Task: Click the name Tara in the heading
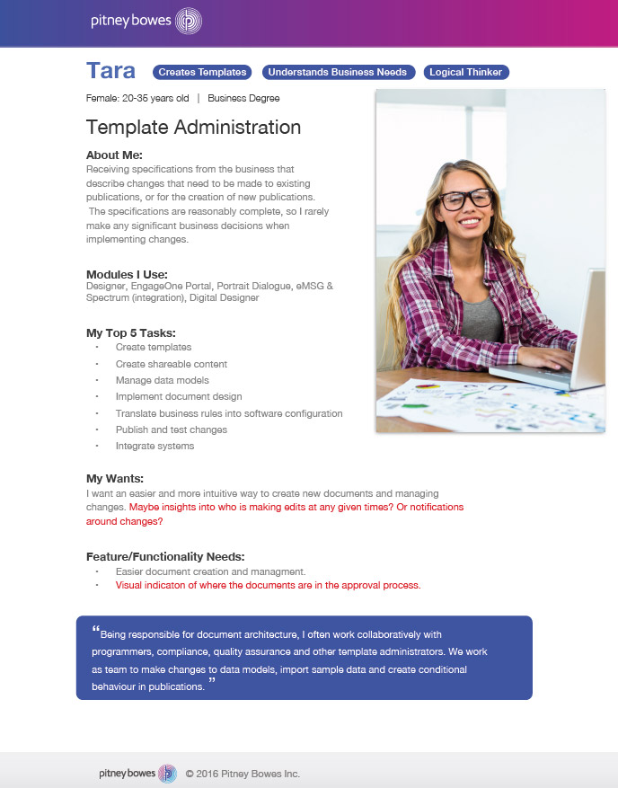coord(110,71)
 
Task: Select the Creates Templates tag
coord(202,72)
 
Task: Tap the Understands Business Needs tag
coord(338,72)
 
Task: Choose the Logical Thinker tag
coord(466,72)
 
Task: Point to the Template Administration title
coord(193,128)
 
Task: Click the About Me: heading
coord(114,155)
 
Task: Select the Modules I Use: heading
coord(127,274)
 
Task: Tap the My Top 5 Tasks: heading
coord(131,332)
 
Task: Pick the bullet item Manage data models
coord(163,380)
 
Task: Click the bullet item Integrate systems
coord(154,446)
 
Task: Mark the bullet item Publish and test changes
coord(172,429)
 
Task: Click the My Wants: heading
coord(115,478)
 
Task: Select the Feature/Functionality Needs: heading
coord(165,556)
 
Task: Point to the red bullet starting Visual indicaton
coord(268,585)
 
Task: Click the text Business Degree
coord(243,98)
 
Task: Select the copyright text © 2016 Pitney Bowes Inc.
coord(243,774)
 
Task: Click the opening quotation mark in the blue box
coord(95,629)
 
